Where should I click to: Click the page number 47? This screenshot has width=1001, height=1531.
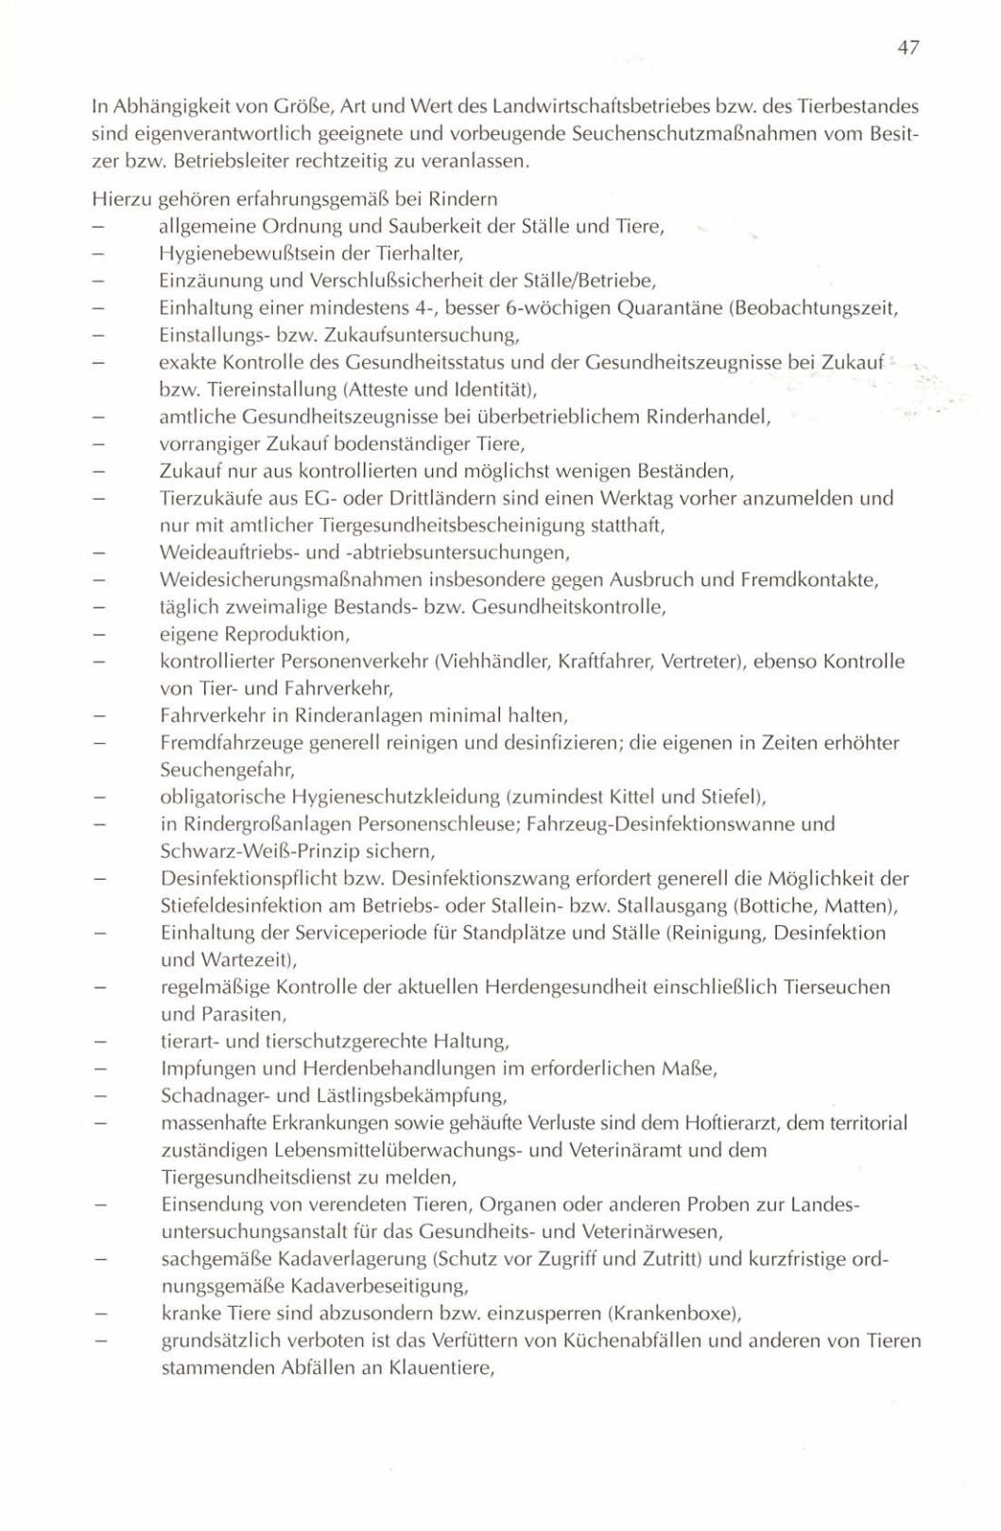tap(909, 47)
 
